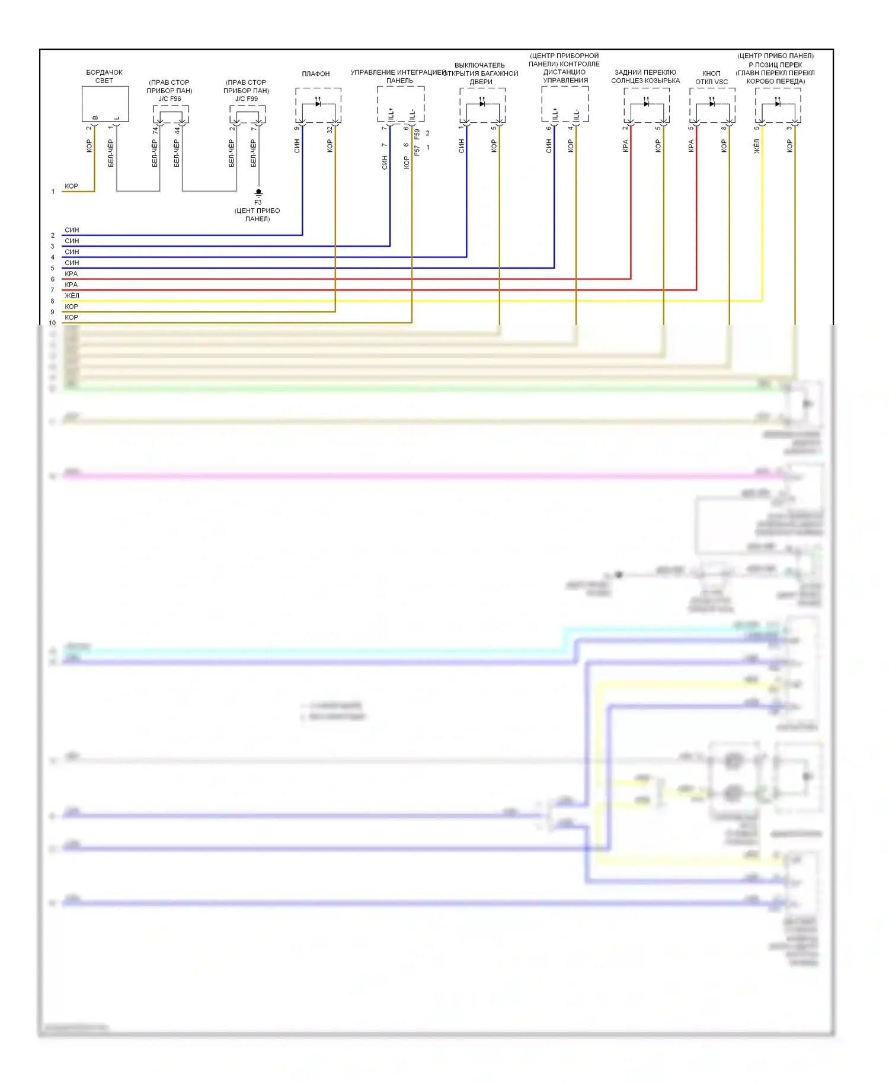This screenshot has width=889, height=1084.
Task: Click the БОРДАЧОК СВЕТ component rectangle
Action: [x=105, y=104]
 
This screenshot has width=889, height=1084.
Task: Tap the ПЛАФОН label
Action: [x=315, y=74]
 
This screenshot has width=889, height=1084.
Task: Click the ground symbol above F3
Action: [x=258, y=193]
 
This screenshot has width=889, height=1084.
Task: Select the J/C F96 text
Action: [x=170, y=99]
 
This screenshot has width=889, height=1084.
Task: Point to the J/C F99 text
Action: [x=246, y=99]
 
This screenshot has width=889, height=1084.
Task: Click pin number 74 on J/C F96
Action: [x=155, y=130]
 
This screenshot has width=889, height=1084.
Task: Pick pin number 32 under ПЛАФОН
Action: [x=330, y=129]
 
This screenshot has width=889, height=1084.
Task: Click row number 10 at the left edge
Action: [x=52, y=323]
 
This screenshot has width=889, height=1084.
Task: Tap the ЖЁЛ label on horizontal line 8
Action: [x=72, y=296]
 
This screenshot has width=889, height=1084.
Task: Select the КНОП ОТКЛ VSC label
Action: [x=711, y=78]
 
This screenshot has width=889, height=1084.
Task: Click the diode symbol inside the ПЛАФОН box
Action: [x=318, y=104]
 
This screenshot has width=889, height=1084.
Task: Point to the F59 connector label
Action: [x=417, y=134]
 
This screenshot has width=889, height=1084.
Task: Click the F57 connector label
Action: [x=417, y=151]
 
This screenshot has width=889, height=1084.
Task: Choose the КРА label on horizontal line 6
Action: [x=71, y=274]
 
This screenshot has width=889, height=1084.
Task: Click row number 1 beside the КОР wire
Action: [x=53, y=192]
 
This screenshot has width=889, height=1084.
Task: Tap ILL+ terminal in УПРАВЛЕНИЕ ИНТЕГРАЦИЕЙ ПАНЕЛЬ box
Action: [x=391, y=114]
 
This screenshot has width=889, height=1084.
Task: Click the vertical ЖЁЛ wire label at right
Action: [x=756, y=146]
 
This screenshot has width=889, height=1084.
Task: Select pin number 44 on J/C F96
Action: [x=177, y=130]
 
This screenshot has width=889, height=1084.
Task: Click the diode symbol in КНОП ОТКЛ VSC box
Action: [x=712, y=104]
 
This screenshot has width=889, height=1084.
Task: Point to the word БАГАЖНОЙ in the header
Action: [x=500, y=74]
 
